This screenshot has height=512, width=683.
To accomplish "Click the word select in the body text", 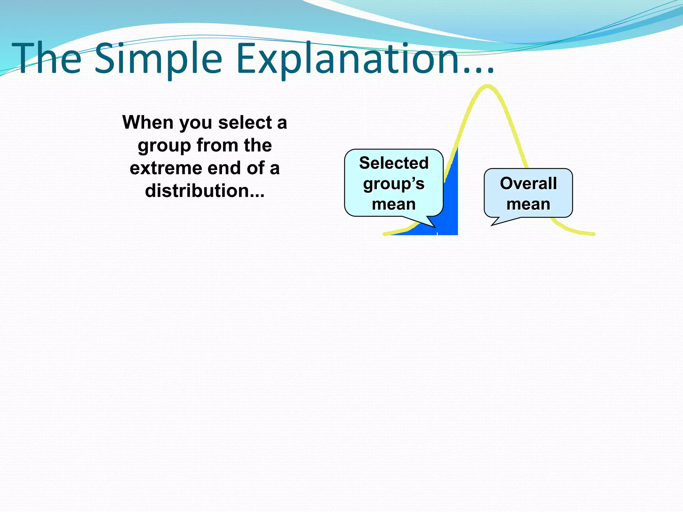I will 245,122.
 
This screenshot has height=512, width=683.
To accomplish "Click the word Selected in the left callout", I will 394,163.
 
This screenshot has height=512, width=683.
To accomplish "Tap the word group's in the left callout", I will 394,184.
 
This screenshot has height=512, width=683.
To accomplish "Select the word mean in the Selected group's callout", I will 394,204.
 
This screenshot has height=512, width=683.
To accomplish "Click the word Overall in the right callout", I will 528,183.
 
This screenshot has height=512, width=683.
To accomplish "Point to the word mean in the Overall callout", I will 528,204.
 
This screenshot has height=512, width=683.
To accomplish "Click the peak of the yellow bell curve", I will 487,87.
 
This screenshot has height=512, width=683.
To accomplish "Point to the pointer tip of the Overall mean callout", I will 492,225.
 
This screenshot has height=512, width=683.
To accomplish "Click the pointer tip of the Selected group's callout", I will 435,227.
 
